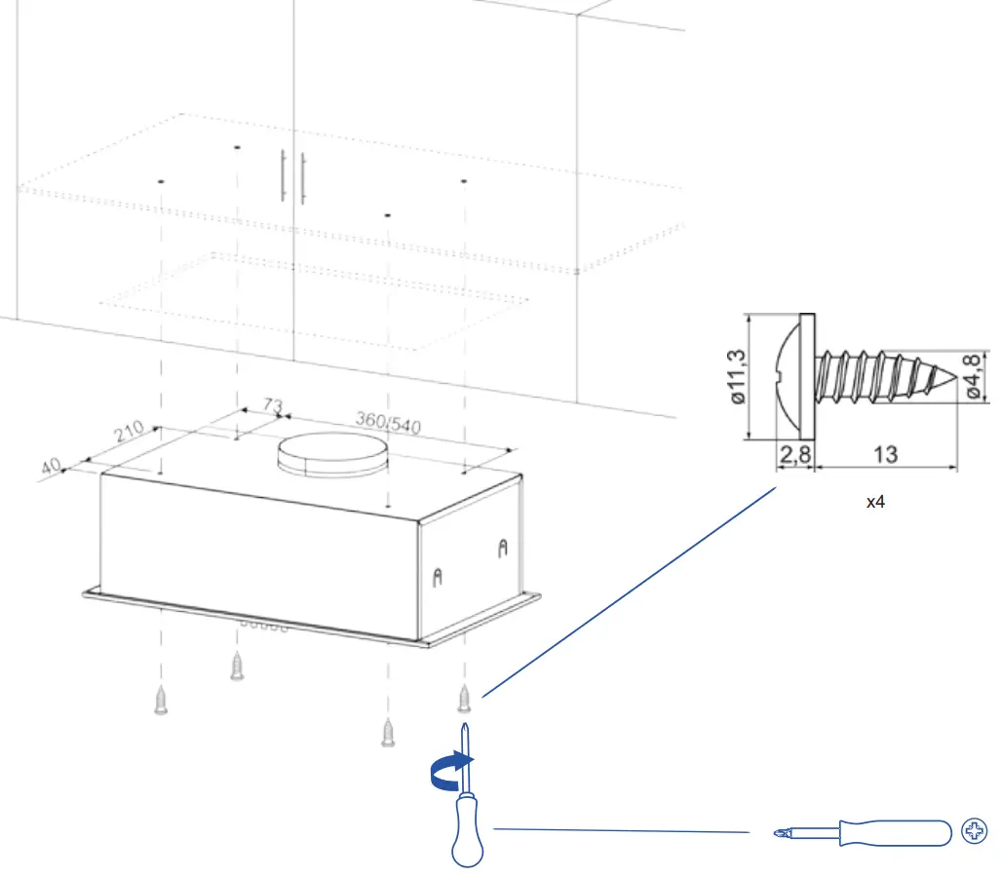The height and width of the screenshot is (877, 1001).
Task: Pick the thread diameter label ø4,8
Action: click(975, 376)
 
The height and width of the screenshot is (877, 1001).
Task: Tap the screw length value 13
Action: click(886, 454)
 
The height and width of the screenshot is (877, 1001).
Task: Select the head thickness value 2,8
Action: click(794, 454)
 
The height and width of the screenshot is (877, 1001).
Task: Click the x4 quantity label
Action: click(875, 503)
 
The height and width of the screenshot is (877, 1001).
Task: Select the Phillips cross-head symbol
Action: click(973, 831)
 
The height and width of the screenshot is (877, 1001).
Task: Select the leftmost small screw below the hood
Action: click(161, 700)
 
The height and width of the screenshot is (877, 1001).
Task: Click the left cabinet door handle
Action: click(283, 175)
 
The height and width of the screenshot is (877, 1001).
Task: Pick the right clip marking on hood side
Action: click(502, 549)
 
